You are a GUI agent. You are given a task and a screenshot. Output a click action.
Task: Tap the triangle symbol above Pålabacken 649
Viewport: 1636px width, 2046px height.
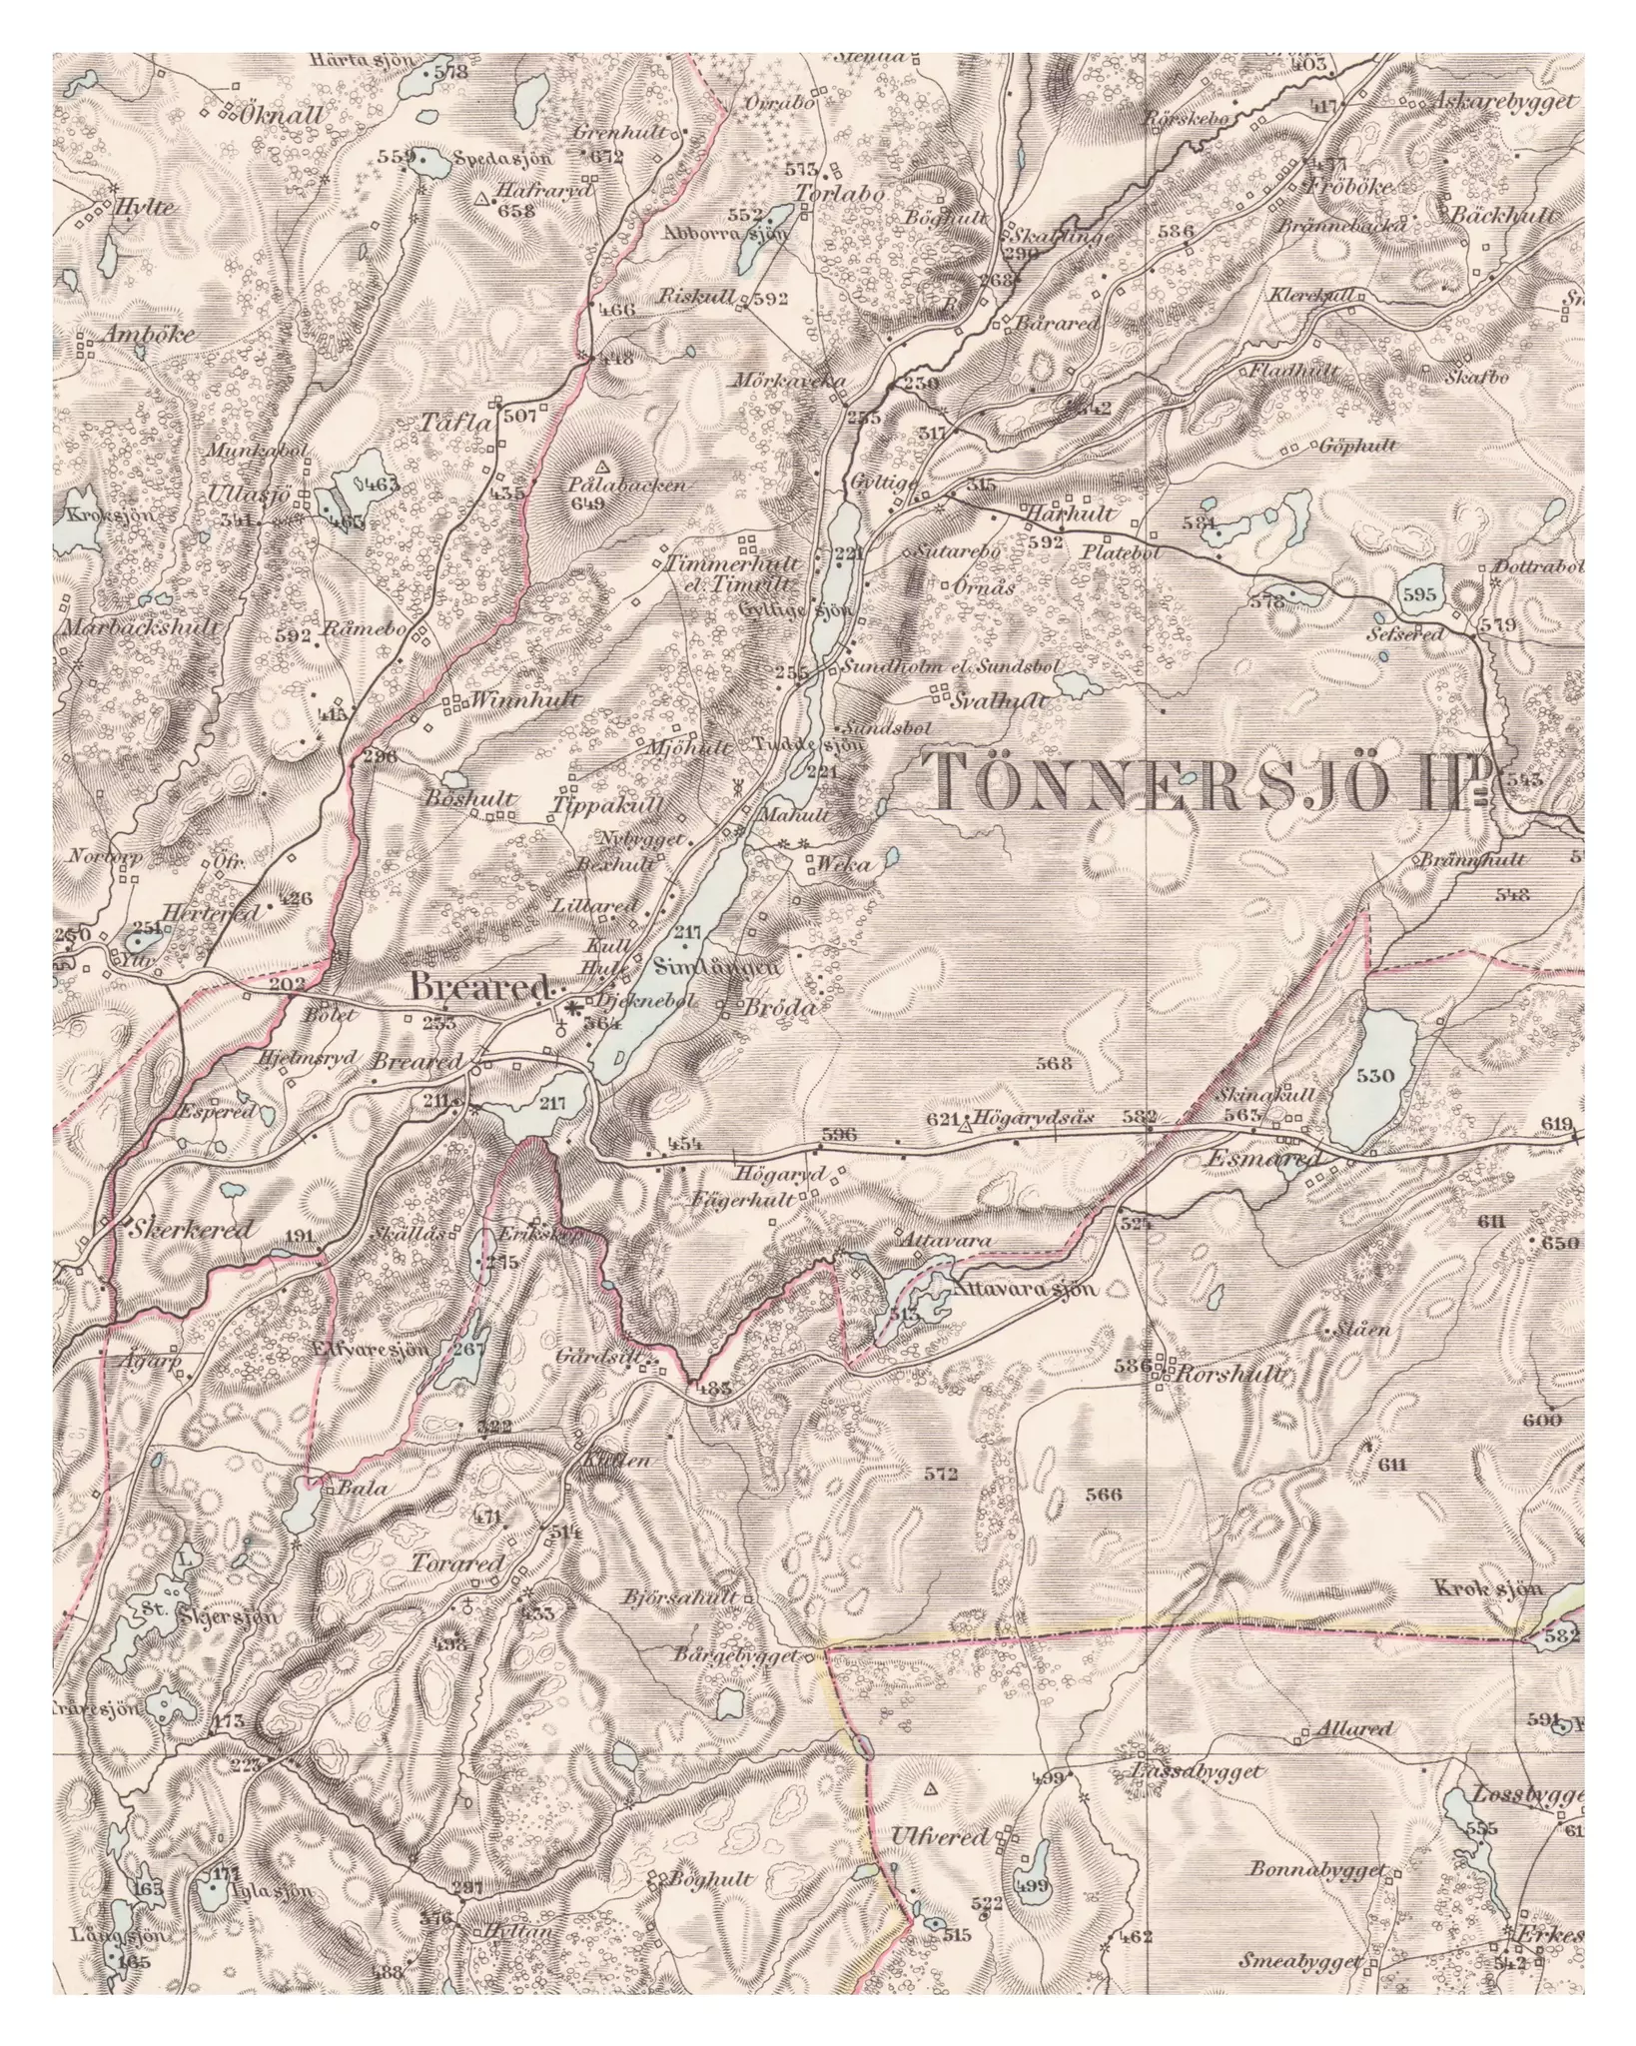pyautogui.click(x=602, y=467)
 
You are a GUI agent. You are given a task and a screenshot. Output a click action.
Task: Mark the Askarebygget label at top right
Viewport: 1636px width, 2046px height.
pyautogui.click(x=1505, y=101)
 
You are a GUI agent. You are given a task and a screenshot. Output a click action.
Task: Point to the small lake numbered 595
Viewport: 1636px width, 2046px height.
pyautogui.click(x=1419, y=594)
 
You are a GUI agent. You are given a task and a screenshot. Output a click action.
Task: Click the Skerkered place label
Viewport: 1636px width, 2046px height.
pyautogui.click(x=190, y=1231)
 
